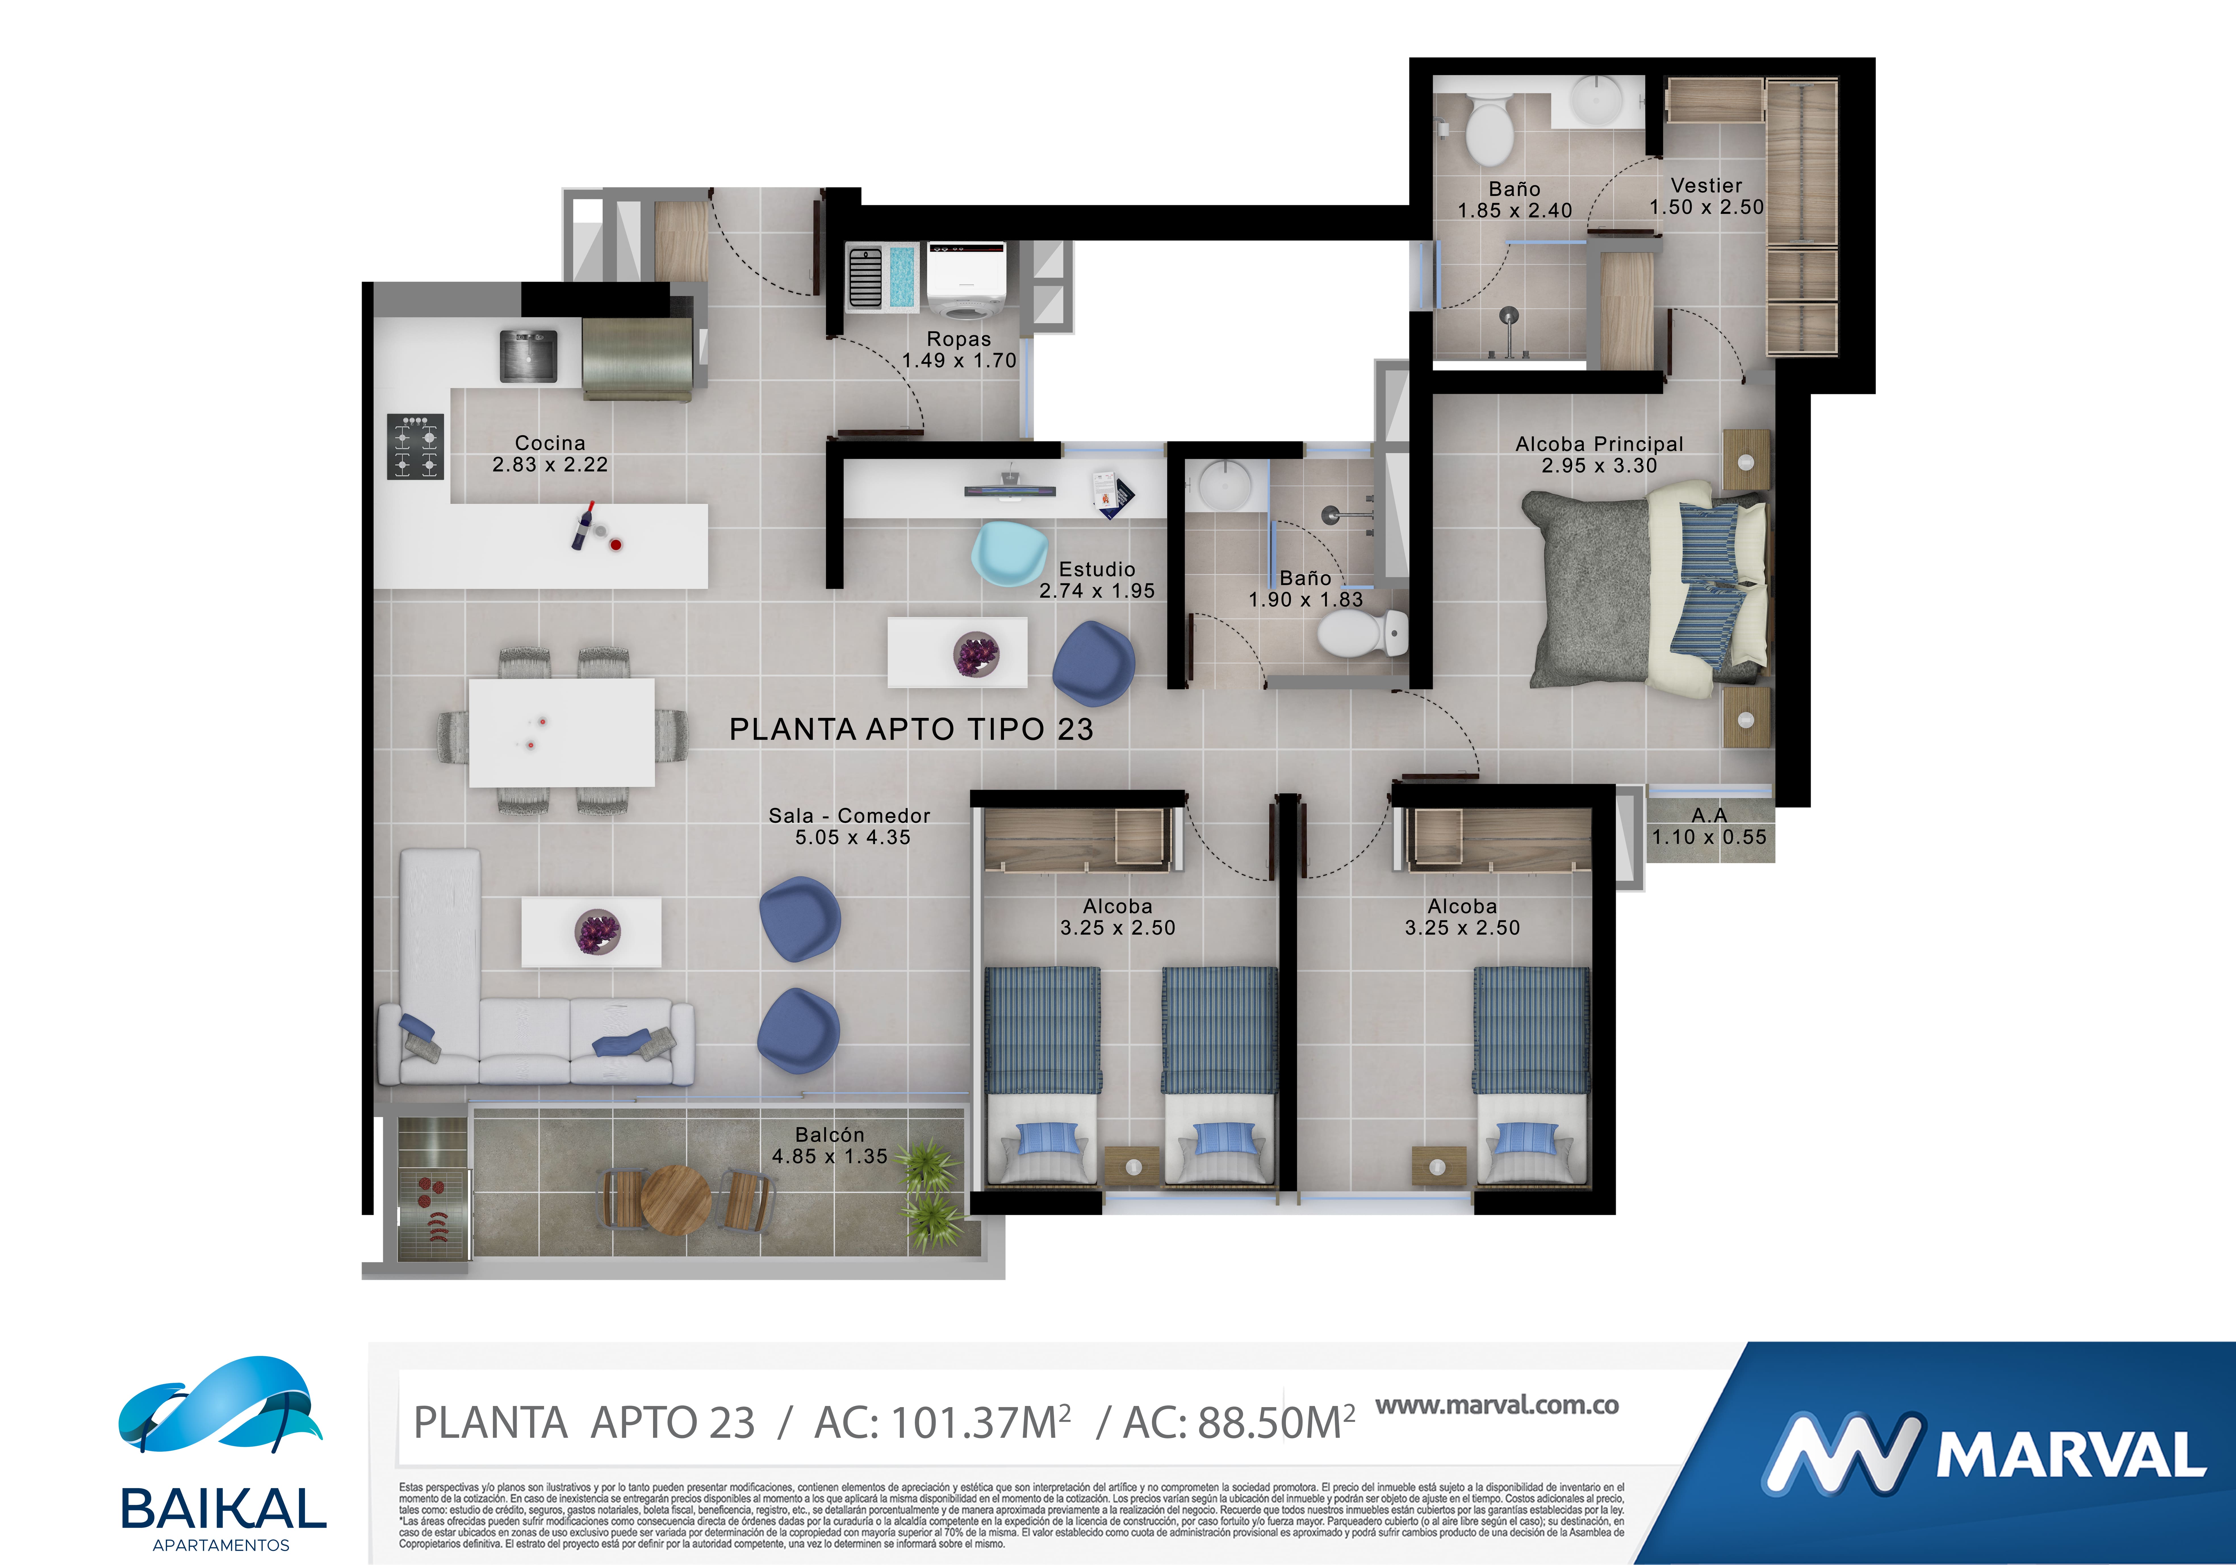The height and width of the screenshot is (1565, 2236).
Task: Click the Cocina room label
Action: pos(550,443)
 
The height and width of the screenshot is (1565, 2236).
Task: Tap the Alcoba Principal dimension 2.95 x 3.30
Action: pos(1599,465)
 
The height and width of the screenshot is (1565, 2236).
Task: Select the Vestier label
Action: pos(1706,185)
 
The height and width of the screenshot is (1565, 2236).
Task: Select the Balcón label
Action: pos(830,1134)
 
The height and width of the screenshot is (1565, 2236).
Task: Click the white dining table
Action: pos(562,732)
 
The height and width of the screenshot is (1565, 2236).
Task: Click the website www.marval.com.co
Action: pos(1497,1405)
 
